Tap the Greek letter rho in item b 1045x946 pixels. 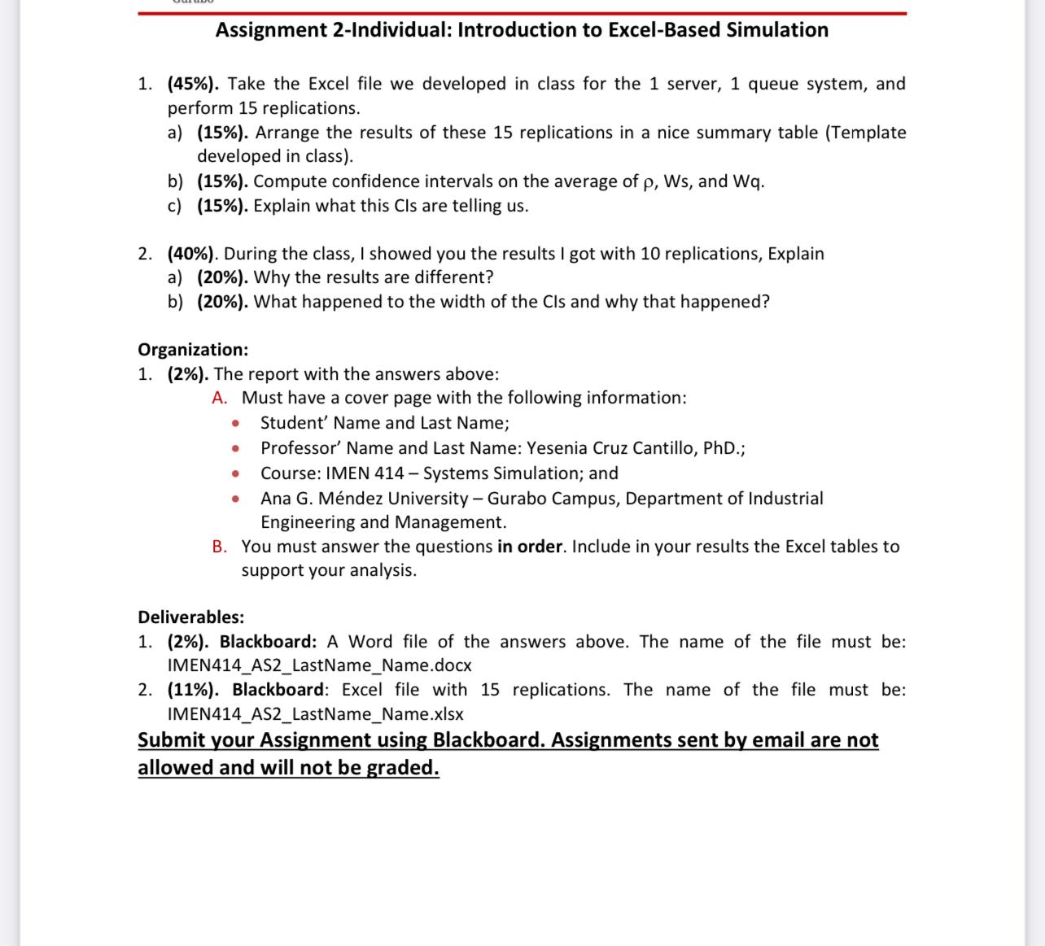pos(649,182)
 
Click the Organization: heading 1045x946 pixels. pos(193,350)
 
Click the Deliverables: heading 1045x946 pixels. pos(190,617)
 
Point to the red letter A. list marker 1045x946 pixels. pos(220,398)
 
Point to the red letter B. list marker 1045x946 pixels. pos(220,547)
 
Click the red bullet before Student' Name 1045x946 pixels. pos(234,424)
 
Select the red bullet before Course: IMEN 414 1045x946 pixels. pos(234,474)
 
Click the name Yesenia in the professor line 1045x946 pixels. pos(557,448)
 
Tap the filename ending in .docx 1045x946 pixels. pos(319,665)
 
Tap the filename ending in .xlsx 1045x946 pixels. pos(315,714)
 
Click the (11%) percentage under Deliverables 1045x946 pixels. pos(193,690)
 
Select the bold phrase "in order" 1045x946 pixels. pos(530,547)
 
